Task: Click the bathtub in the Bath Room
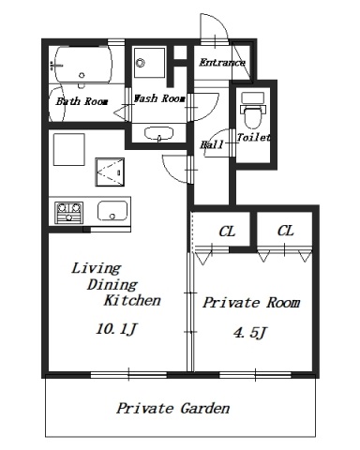[83, 65]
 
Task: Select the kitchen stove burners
[68, 213]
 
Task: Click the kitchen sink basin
[112, 211]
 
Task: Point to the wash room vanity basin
[158, 133]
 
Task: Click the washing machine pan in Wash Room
[149, 63]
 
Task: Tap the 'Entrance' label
[222, 63]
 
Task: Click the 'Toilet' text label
[253, 137]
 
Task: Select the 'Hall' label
[212, 144]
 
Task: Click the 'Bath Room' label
[82, 101]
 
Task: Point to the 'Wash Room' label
[159, 98]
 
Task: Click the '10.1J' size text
[116, 329]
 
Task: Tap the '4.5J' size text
[250, 333]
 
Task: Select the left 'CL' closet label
[227, 232]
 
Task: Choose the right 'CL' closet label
[285, 231]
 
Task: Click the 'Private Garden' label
[173, 408]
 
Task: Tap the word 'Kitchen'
[132, 300]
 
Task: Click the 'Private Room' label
[251, 303]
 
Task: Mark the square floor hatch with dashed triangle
[110, 172]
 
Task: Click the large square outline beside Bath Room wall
[69, 149]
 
